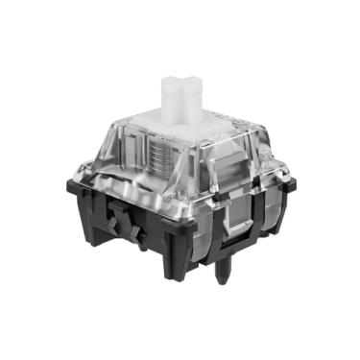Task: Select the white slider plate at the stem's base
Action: [x=192, y=130]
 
